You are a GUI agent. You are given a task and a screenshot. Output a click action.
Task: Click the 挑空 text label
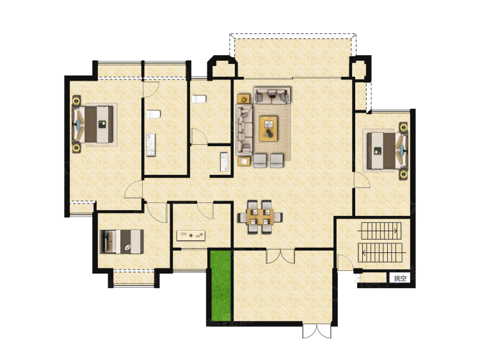click(x=400, y=278)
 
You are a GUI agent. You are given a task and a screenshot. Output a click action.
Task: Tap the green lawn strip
click(x=220, y=285)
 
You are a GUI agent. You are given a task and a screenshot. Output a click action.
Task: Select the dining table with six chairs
click(x=260, y=217)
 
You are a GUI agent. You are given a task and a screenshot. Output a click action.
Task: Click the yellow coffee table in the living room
click(x=268, y=128)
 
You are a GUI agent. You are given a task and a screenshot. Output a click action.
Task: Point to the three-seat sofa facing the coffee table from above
click(x=272, y=95)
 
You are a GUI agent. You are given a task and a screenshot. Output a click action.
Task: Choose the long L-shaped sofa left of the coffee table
click(x=244, y=129)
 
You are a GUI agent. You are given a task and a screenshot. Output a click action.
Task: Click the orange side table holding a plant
click(x=244, y=99)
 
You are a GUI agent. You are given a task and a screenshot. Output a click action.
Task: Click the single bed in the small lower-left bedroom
click(x=122, y=241)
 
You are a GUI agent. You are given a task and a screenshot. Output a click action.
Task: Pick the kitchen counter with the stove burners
click(x=191, y=236)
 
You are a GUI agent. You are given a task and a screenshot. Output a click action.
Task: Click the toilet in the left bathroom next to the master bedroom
click(x=154, y=114)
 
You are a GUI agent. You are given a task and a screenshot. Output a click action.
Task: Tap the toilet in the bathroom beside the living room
click(x=199, y=99)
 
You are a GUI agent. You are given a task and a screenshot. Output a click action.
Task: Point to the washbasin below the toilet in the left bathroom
click(x=150, y=145)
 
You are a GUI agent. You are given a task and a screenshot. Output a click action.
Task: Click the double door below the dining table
click(x=280, y=256)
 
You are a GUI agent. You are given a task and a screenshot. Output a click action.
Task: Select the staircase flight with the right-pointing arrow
click(x=381, y=231)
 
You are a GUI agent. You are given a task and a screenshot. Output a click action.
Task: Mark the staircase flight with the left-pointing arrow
click(x=380, y=253)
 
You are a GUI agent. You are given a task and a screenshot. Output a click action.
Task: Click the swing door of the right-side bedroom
click(x=362, y=180)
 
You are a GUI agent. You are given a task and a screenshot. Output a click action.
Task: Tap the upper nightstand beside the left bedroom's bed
click(x=76, y=101)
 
